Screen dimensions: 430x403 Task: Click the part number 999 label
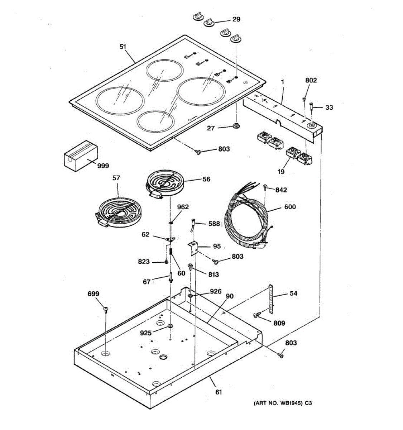click(103, 166)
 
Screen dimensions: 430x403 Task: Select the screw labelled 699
click(106, 309)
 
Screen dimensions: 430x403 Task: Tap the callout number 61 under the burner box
click(219, 392)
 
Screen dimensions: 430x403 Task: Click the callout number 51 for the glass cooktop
click(123, 46)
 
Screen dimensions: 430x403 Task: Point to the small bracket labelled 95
click(194, 248)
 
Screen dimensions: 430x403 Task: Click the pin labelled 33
click(311, 107)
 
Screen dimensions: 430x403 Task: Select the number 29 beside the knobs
click(236, 19)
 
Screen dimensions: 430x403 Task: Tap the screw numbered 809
click(258, 315)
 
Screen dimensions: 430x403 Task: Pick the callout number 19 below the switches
click(281, 172)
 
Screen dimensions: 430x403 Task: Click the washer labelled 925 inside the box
click(170, 326)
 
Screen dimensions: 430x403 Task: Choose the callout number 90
click(229, 296)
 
